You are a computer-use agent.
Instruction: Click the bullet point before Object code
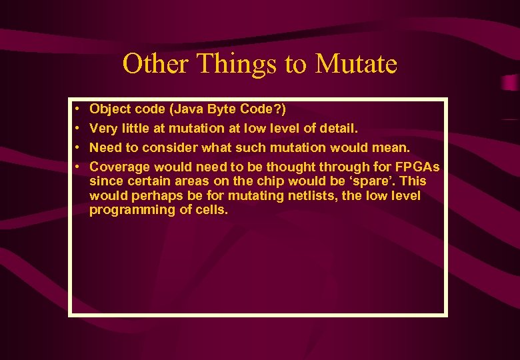[x=78, y=109]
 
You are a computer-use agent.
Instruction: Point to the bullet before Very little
[x=78, y=128]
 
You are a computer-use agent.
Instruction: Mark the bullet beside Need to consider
[x=78, y=147]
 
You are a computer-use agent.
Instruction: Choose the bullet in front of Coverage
[x=78, y=167]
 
